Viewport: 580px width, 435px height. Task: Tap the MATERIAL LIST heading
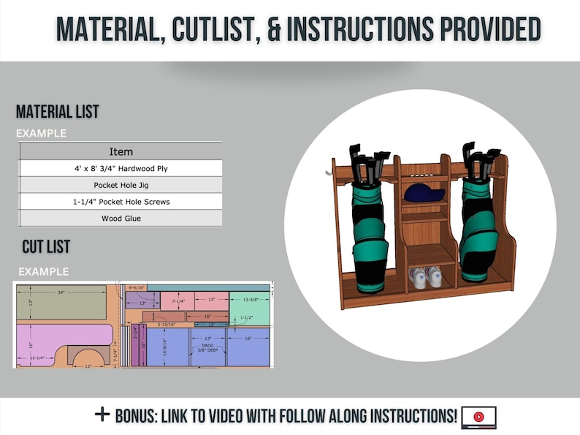pos(58,113)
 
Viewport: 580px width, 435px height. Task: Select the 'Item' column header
pos(121,151)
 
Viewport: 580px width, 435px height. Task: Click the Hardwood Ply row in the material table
pos(121,169)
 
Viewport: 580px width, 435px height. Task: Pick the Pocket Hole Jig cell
pos(121,185)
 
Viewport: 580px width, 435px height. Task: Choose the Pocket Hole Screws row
pos(121,201)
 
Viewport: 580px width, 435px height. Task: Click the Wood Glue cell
pos(121,218)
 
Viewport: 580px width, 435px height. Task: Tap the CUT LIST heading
pos(46,246)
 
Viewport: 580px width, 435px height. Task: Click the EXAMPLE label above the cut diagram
pos(44,272)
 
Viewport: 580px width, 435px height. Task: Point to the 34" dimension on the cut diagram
pos(61,292)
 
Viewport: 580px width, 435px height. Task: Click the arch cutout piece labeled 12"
pos(88,358)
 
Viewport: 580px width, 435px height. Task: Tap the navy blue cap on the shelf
pos(424,193)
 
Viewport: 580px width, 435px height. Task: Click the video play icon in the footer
pos(478,417)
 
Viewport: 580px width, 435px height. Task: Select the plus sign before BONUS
pos(102,415)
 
